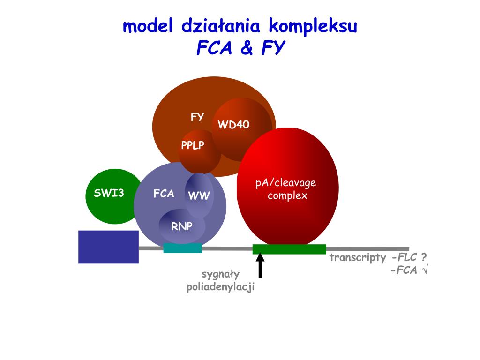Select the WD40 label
click(233, 125)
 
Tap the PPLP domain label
click(193, 145)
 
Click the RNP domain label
click(181, 226)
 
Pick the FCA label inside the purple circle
click(164, 194)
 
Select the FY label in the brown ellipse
click(197, 117)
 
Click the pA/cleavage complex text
click(286, 189)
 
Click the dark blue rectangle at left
click(108, 247)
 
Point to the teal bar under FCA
click(182, 248)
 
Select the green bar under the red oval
click(289, 249)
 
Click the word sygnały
click(220, 274)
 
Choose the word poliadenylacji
click(220, 287)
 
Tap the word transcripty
click(357, 257)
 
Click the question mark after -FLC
click(423, 257)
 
